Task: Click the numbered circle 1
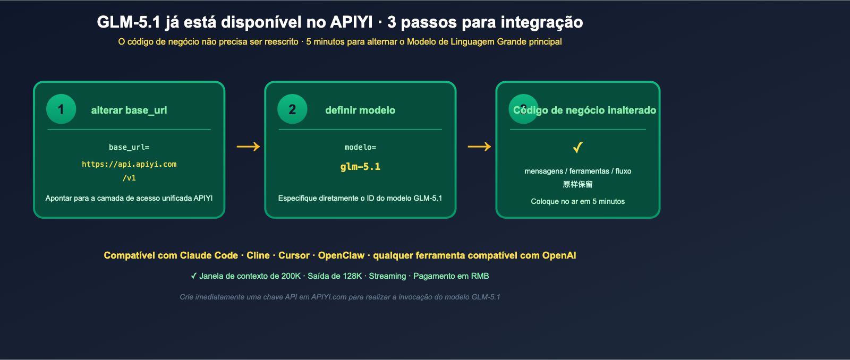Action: click(61, 109)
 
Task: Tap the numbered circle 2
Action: click(292, 109)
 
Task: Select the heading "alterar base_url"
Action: click(129, 110)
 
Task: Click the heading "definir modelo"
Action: click(360, 110)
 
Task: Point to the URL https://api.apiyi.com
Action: click(129, 165)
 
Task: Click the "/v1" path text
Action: click(129, 178)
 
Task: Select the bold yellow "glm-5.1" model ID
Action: click(360, 167)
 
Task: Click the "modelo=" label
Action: click(360, 148)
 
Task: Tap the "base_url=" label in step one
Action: click(129, 148)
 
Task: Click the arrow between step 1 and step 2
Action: click(248, 147)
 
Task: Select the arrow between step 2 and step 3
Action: click(479, 147)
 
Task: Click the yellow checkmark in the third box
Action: click(578, 147)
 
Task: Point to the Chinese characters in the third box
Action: click(578, 184)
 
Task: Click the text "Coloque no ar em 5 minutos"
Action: click(578, 201)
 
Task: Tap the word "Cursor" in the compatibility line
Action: click(294, 255)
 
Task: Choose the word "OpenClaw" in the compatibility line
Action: click(341, 255)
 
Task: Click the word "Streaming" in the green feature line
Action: click(387, 276)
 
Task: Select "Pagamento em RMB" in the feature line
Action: click(451, 276)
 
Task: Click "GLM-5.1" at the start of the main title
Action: click(129, 22)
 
